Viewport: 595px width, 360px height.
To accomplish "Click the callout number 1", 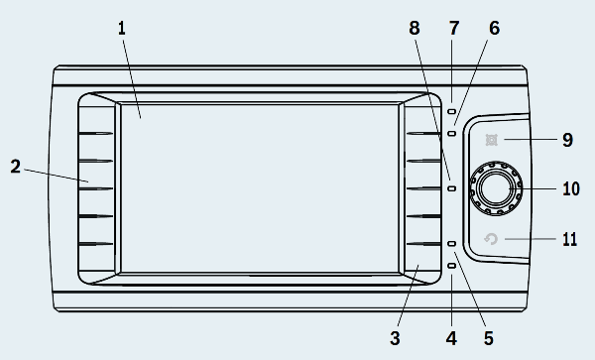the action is coord(121,29).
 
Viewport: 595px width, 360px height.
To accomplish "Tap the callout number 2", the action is coord(15,167).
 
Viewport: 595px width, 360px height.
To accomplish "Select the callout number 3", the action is coord(395,338).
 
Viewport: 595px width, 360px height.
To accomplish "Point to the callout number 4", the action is coord(451,338).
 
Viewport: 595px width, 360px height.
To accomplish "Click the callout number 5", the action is coord(489,338).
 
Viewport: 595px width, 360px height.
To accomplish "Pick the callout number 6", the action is coord(495,29).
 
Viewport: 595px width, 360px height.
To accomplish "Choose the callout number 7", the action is coord(454,29).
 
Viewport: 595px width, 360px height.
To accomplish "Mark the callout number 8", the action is coord(415,29).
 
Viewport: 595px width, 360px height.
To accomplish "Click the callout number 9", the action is coord(567,140).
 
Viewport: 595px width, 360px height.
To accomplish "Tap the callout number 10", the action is coord(571,188).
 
